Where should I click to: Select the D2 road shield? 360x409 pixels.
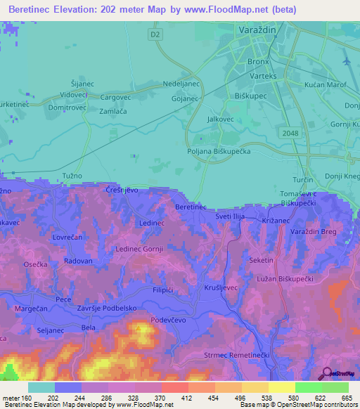coord(155,33)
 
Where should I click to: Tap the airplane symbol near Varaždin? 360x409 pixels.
coord(346,61)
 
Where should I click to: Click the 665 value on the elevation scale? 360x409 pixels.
coord(346,398)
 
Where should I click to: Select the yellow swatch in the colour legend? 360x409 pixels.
coord(282,387)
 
